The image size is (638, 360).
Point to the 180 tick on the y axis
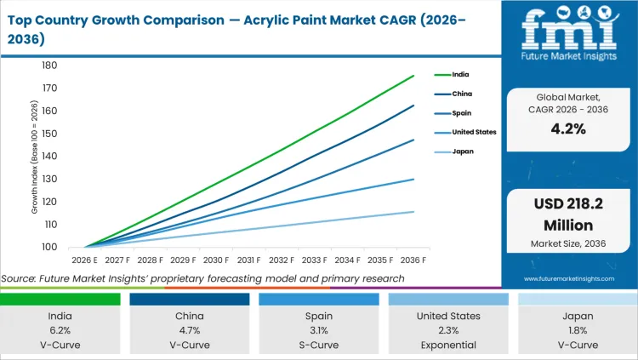pos(49,66)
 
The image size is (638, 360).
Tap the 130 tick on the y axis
pos(49,179)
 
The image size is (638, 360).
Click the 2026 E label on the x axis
pos(85,260)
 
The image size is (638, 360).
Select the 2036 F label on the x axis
pos(413,260)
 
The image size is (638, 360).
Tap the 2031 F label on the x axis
pos(249,260)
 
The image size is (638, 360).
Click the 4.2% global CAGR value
pos(568,129)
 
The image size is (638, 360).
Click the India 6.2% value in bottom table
pos(60,330)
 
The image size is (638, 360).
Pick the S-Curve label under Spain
pos(319,345)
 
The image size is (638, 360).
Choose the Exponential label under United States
pos(448,345)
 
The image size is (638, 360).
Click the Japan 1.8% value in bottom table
pos(578,330)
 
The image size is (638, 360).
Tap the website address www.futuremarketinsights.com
pos(568,278)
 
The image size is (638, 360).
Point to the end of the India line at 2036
pos(413,76)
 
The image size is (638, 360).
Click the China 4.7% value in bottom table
pos(190,330)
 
